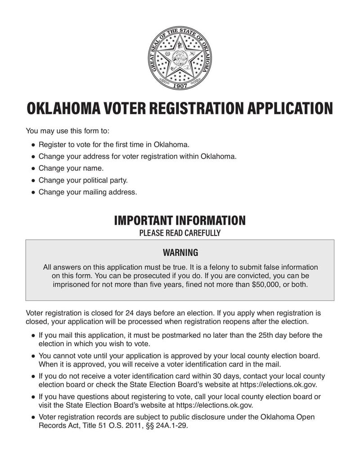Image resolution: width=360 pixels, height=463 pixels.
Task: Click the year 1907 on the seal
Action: pyautogui.click(x=180, y=85)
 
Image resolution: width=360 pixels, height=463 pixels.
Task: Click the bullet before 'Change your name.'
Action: pyautogui.click(x=33, y=168)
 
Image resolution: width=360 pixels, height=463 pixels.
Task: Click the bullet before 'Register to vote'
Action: pyautogui.click(x=33, y=145)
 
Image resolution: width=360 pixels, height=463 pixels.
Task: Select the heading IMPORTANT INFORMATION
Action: pyautogui.click(x=180, y=221)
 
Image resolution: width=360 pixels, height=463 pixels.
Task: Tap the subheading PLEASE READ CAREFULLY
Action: pyautogui.click(x=180, y=233)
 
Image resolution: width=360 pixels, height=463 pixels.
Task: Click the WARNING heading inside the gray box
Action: pyautogui.click(x=180, y=252)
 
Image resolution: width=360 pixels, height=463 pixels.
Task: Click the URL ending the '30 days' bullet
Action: pyautogui.click(x=279, y=385)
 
